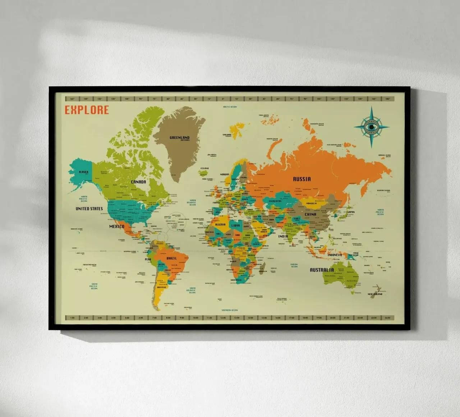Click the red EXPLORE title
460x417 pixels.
tap(87, 110)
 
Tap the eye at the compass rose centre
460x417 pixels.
tap(372, 127)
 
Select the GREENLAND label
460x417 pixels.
tap(179, 138)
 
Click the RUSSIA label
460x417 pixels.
tap(302, 179)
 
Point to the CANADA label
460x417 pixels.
tap(138, 182)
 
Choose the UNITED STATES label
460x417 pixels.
tap(89, 208)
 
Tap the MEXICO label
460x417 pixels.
tap(117, 226)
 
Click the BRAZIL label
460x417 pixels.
tap(171, 258)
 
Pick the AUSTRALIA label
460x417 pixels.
tap(322, 270)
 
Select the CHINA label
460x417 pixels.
tap(310, 214)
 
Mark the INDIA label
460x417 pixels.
tap(283, 236)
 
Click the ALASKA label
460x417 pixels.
tap(83, 172)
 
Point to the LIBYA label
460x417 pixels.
tap(235, 226)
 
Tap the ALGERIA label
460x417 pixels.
tap(220, 225)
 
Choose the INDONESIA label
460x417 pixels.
tap(335, 255)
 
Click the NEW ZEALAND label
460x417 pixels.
tap(375, 294)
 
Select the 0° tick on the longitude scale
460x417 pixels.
tap(223, 99)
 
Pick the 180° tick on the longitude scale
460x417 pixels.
tap(387, 99)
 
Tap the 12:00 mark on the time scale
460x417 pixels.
tap(223, 318)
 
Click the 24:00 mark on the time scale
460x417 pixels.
tap(387, 318)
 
